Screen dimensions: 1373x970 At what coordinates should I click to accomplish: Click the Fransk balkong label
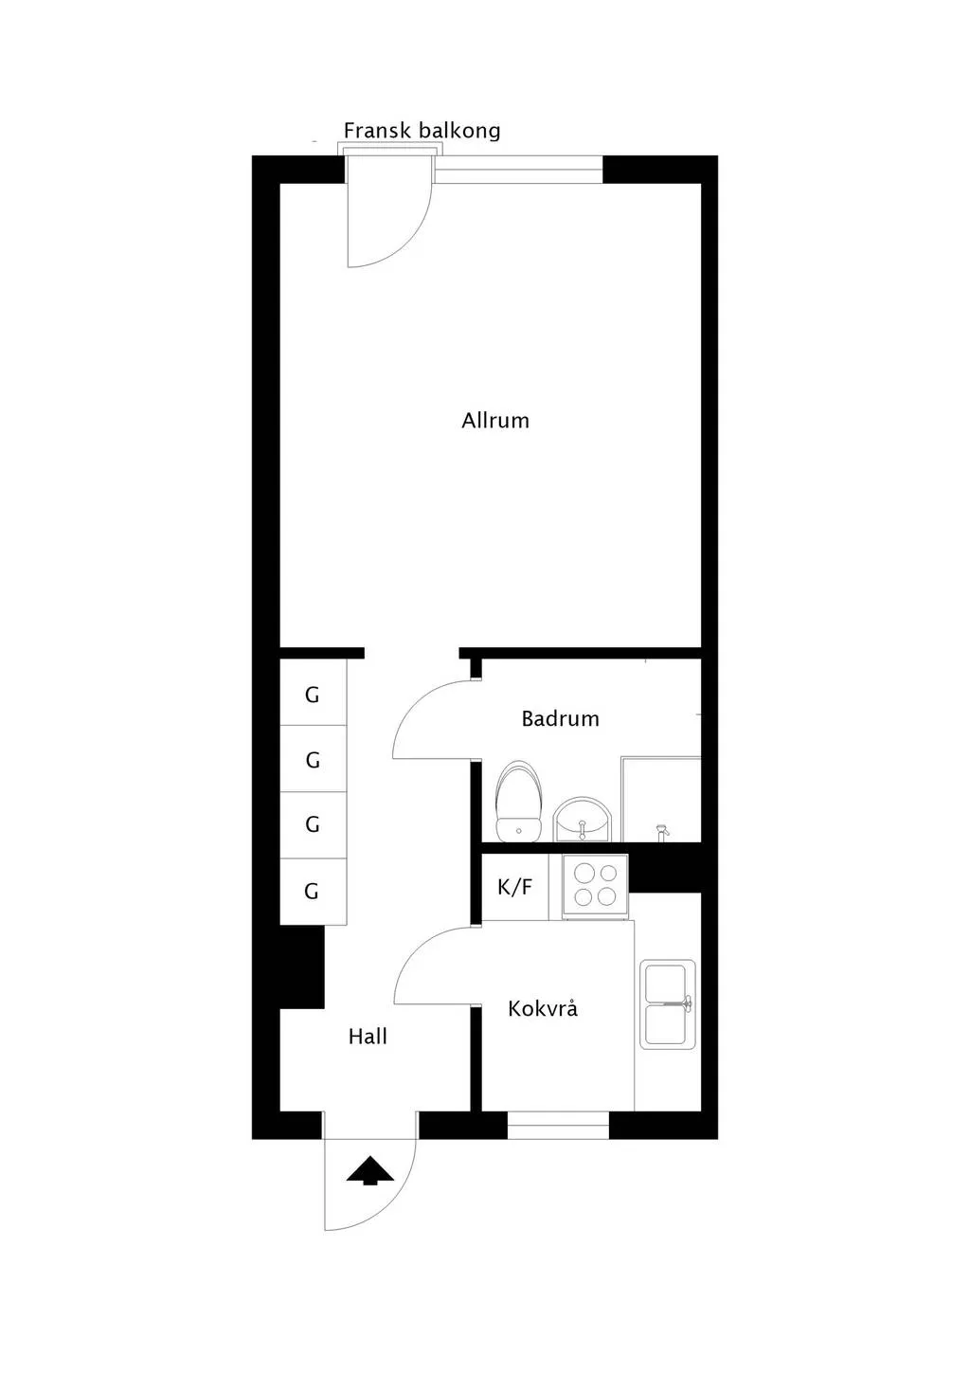pos(422,131)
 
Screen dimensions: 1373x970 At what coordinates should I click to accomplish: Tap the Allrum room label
pos(495,421)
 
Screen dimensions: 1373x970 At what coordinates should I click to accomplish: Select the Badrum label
pos(560,719)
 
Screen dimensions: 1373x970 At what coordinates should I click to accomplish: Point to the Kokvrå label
pos(543,1009)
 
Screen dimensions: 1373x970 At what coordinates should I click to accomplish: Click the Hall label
pos(368,1038)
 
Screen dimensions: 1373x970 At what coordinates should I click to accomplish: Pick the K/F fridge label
pos(514,888)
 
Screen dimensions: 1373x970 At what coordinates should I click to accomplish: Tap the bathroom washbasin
pos(584,821)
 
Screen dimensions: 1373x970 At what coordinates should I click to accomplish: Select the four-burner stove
pos(595,885)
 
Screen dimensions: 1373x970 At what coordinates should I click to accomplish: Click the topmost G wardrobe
pos(313,696)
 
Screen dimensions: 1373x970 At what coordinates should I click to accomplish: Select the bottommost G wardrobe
pos(312,892)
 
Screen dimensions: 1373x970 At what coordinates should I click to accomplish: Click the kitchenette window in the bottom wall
pos(558,1125)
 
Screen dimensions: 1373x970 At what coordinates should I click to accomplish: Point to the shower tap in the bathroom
pos(661,832)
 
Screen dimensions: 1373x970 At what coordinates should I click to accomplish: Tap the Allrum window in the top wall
pos(518,170)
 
